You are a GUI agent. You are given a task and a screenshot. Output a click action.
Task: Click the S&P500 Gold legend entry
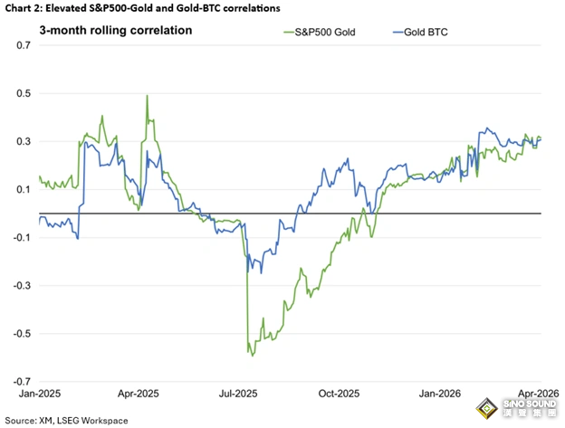tap(319, 33)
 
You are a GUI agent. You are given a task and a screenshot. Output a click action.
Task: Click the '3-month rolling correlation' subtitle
tap(115, 30)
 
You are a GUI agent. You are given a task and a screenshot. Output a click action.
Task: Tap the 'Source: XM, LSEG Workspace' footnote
tap(68, 420)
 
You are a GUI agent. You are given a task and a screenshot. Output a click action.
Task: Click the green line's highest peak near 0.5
tap(147, 96)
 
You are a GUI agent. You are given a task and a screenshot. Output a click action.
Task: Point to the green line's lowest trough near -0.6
tap(253, 356)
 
